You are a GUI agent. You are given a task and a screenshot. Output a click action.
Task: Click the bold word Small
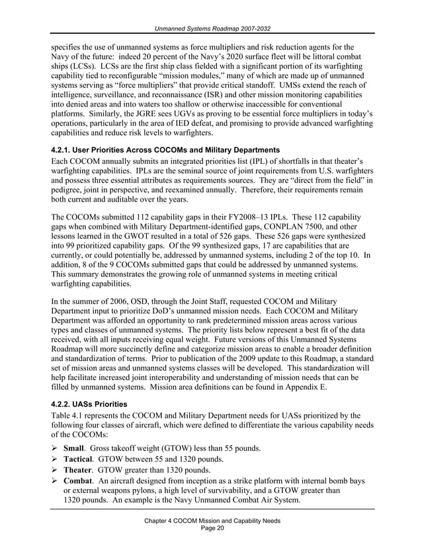(x=76, y=448)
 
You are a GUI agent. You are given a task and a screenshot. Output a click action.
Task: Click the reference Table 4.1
(x=65, y=414)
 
